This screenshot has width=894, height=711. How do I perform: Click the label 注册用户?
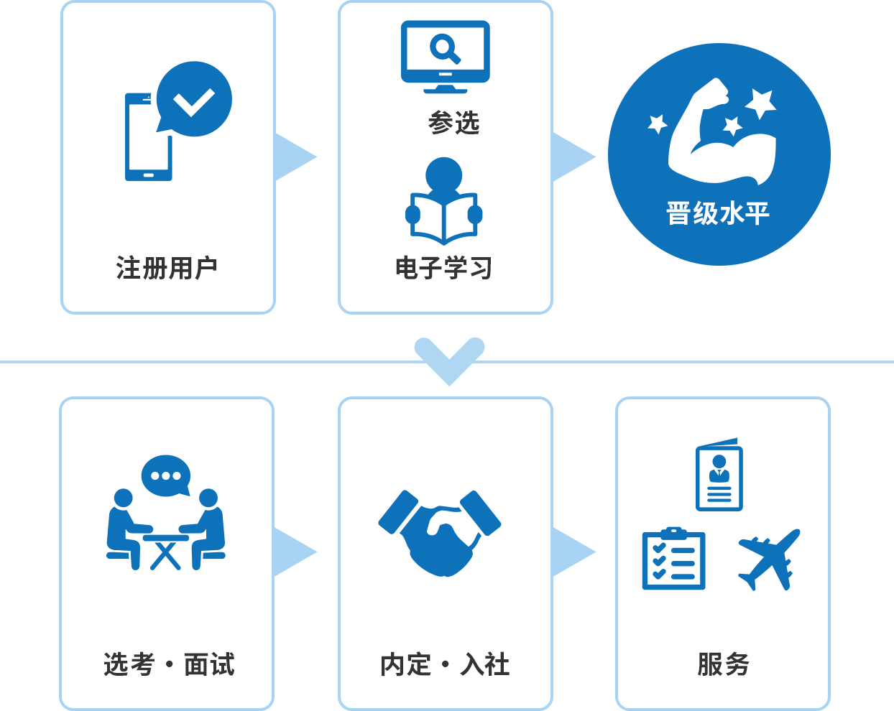[167, 268]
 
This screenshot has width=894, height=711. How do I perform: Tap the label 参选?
[453, 123]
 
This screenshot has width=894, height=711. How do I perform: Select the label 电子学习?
[443, 268]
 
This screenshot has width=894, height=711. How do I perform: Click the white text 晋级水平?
[718, 213]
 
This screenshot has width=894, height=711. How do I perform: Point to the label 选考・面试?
[169, 664]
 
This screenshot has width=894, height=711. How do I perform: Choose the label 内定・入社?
[445, 664]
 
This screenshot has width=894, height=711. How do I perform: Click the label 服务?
[723, 664]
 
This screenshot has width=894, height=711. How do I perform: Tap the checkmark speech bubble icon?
[194, 99]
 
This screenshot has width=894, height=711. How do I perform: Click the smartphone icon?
[148, 137]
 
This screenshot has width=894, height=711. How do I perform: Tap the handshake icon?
[440, 534]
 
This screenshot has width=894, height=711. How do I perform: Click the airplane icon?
[769, 559]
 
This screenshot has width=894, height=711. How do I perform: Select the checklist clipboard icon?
[674, 559]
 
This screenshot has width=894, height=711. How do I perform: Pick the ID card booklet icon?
[719, 475]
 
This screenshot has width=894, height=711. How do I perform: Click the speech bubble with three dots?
[166, 476]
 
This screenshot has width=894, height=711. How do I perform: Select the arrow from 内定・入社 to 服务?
[574, 552]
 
